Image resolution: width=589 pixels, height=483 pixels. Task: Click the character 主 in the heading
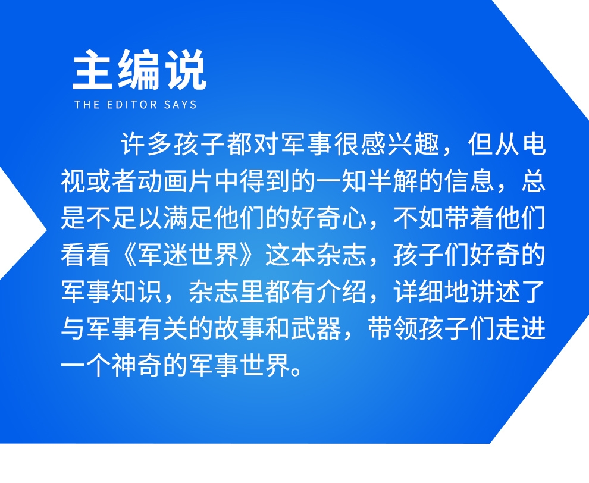tap(93, 70)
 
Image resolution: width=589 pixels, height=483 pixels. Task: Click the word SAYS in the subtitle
tap(180, 105)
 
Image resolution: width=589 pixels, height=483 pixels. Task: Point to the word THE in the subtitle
tap(87, 105)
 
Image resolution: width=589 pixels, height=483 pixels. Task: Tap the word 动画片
tap(176, 181)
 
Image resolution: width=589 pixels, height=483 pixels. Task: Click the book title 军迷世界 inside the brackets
tap(189, 255)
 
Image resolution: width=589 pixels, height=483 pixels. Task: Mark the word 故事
tap(239, 328)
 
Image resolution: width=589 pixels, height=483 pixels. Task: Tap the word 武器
tap(316, 328)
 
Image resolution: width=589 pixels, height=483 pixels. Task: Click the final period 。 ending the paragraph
tap(297, 372)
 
